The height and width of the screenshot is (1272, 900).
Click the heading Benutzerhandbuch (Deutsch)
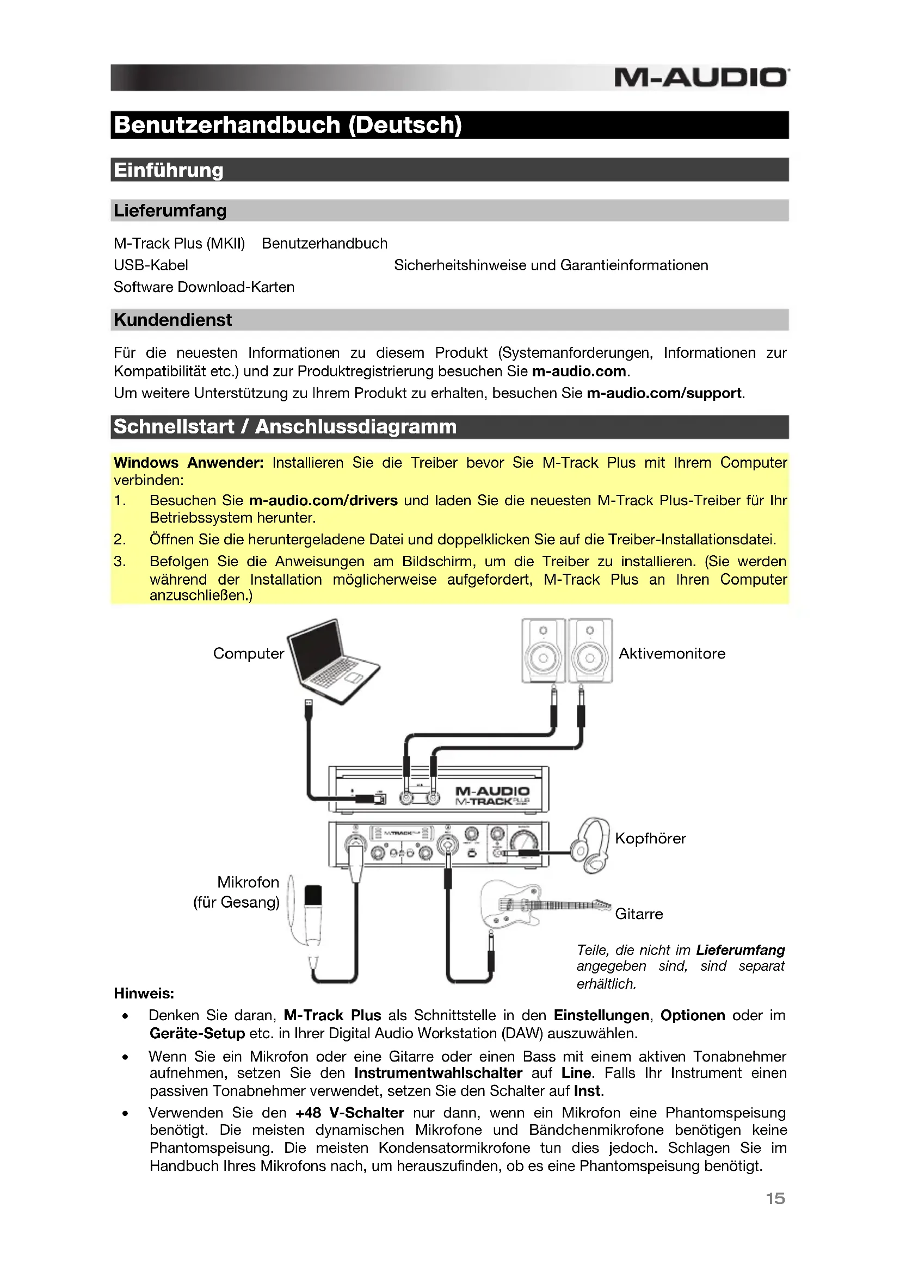coord(288,125)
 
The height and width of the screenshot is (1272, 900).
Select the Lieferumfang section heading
coord(170,211)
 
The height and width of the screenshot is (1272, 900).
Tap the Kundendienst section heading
coord(172,320)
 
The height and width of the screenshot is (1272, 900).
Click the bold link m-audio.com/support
coord(664,393)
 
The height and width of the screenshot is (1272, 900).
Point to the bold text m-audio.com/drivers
coord(323,501)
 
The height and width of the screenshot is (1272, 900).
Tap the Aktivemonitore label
coord(671,654)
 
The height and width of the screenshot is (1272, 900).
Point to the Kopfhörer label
coord(650,839)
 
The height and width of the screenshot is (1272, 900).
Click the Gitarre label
coord(638,914)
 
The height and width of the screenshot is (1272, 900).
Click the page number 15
coord(775,1199)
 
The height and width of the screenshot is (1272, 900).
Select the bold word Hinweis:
coord(144,994)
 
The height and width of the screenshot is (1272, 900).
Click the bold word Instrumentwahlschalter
coord(438,1073)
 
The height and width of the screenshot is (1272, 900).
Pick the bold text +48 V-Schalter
coord(349,1113)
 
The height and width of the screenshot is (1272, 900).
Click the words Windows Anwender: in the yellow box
coord(188,463)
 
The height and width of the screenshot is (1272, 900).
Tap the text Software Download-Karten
coord(204,288)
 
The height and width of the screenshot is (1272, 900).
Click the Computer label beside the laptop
coord(248,654)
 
